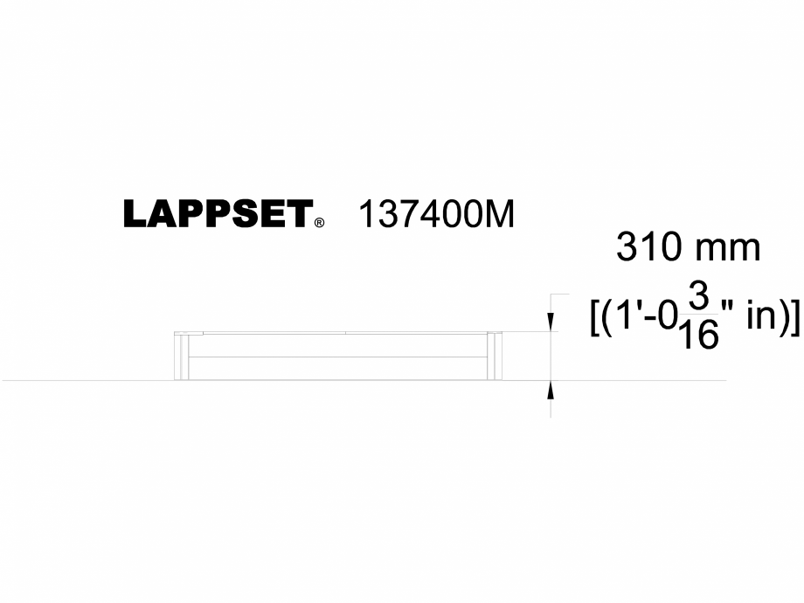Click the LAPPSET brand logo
[218, 214]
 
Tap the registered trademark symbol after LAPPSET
[320, 223]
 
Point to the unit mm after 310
[727, 249]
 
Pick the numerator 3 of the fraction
[697, 296]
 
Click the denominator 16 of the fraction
[697, 335]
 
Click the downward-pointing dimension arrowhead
[551, 324]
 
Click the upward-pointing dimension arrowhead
[551, 389]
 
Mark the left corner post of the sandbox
[181, 357]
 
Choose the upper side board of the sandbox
[339, 346]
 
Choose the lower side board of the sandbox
[339, 369]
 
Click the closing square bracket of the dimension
[794, 317]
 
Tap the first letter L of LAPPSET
[134, 214]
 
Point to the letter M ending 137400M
[501, 214]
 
